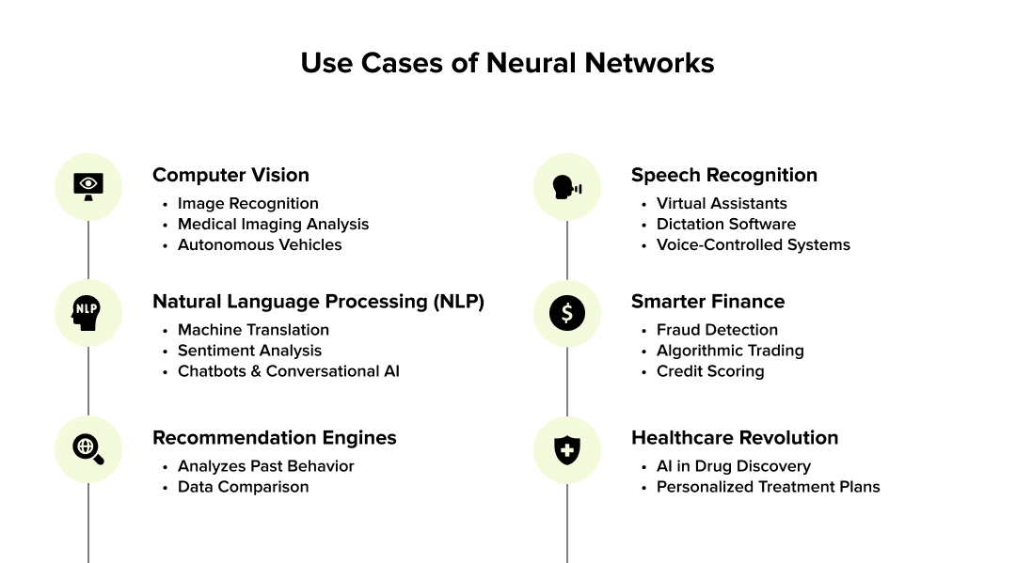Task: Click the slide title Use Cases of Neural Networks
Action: tap(507, 63)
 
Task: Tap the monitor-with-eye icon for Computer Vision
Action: tap(88, 186)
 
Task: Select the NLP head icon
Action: tap(88, 313)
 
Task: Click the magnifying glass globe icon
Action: tap(88, 449)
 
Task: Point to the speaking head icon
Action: tap(566, 186)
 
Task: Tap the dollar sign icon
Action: tap(566, 313)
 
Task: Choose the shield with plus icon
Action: tap(566, 449)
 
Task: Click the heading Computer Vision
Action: tap(230, 175)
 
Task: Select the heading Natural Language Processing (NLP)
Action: tap(318, 302)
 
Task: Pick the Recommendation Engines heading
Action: tap(274, 438)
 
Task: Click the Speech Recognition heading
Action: tap(723, 175)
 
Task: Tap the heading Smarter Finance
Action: tap(707, 302)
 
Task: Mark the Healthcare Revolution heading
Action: tap(734, 438)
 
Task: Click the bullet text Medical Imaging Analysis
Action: tap(273, 224)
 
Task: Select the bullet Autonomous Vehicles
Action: tap(260, 244)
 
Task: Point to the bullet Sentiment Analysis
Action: tap(249, 351)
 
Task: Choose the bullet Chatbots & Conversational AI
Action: tap(288, 371)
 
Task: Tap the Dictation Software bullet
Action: tap(725, 224)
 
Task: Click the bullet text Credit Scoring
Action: tap(709, 371)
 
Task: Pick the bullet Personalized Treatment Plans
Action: tap(768, 487)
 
